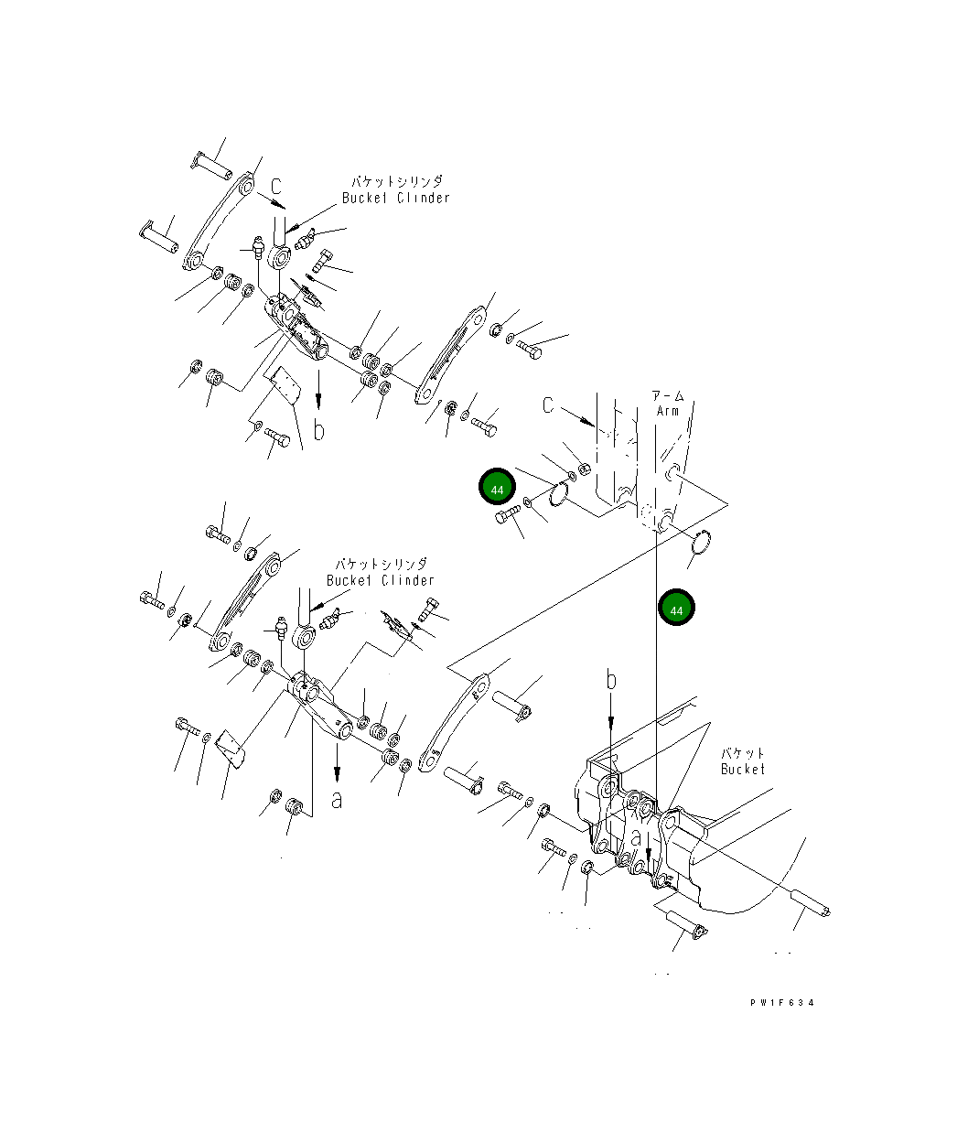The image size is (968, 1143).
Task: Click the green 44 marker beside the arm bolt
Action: [x=497, y=487]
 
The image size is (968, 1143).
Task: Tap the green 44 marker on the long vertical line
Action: [x=676, y=607]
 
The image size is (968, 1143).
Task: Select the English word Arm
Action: [x=667, y=411]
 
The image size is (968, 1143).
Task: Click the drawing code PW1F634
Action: [x=781, y=1003]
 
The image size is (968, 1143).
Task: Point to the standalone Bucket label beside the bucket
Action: [x=742, y=770]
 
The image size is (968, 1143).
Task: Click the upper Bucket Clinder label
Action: [x=395, y=198]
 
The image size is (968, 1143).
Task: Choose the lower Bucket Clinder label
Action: [x=380, y=580]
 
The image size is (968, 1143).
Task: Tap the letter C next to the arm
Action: [x=547, y=405]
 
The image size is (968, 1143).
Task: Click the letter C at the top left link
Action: [x=276, y=187]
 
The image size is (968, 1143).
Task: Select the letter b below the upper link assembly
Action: [x=318, y=429]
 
